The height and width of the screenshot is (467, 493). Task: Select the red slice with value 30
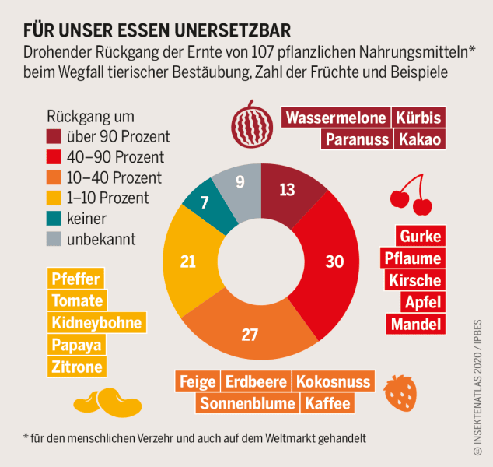(x=333, y=261)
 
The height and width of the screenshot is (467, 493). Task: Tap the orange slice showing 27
(x=250, y=333)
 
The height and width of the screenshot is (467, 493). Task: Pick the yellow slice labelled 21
(x=188, y=261)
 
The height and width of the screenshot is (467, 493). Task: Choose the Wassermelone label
(x=335, y=118)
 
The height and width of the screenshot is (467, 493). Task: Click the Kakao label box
(x=419, y=140)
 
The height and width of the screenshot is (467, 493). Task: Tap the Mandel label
(x=416, y=324)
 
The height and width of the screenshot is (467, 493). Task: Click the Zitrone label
(x=76, y=367)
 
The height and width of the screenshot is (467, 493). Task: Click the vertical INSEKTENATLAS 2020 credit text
(x=477, y=385)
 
